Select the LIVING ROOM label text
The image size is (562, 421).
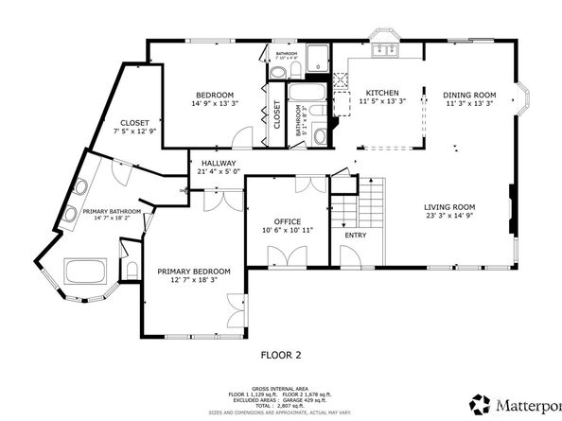pos(448,206)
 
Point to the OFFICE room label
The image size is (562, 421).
pos(287,221)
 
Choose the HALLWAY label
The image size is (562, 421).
pos(218,163)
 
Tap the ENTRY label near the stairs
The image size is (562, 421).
pos(355,235)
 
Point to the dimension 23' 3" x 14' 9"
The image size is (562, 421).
pos(448,215)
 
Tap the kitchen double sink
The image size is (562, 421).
pos(386,47)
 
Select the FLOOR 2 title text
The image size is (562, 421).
pos(280,356)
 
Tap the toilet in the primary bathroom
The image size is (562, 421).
pos(122,249)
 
